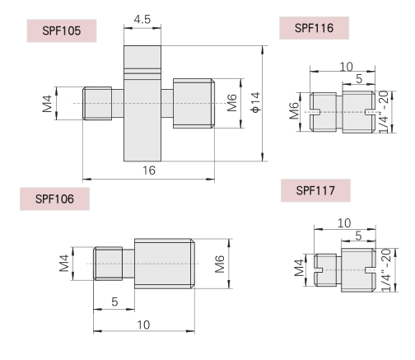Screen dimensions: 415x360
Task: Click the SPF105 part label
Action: tap(62, 30)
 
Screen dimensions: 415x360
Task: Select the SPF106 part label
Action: tap(54, 199)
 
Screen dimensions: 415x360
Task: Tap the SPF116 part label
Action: tap(314, 28)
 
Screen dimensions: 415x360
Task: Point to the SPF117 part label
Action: tap(315, 190)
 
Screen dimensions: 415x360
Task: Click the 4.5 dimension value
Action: tap(142, 20)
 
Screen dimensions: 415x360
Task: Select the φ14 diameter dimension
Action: tap(255, 102)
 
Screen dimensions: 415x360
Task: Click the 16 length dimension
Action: tap(149, 171)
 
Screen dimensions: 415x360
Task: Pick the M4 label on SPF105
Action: tap(47, 104)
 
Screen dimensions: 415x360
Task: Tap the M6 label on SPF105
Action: tap(232, 103)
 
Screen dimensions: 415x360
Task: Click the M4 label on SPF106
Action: tap(64, 263)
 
